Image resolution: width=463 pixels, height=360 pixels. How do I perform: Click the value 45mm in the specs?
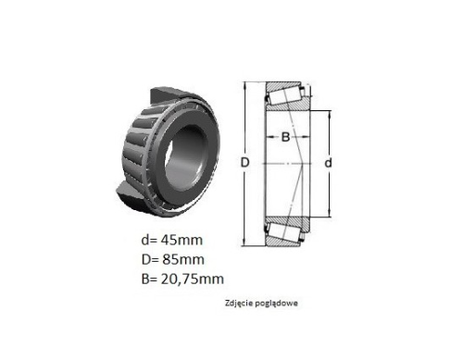pyautogui.click(x=181, y=240)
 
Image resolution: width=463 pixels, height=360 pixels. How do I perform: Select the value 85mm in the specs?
pyautogui.click(x=183, y=260)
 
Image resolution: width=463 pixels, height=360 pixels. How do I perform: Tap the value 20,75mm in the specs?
pyautogui.click(x=193, y=279)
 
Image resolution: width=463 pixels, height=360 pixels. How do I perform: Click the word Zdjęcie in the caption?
pyautogui.click(x=237, y=304)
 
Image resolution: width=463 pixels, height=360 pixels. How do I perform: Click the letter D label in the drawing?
pyautogui.click(x=244, y=162)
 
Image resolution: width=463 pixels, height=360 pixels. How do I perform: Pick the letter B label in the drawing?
pyautogui.click(x=286, y=137)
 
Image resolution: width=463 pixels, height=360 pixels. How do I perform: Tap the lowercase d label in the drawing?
pyautogui.click(x=328, y=163)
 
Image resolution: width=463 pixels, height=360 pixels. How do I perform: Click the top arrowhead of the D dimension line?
pyautogui.click(x=244, y=85)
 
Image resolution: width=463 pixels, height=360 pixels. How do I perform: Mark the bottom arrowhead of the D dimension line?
pyautogui.click(x=244, y=242)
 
